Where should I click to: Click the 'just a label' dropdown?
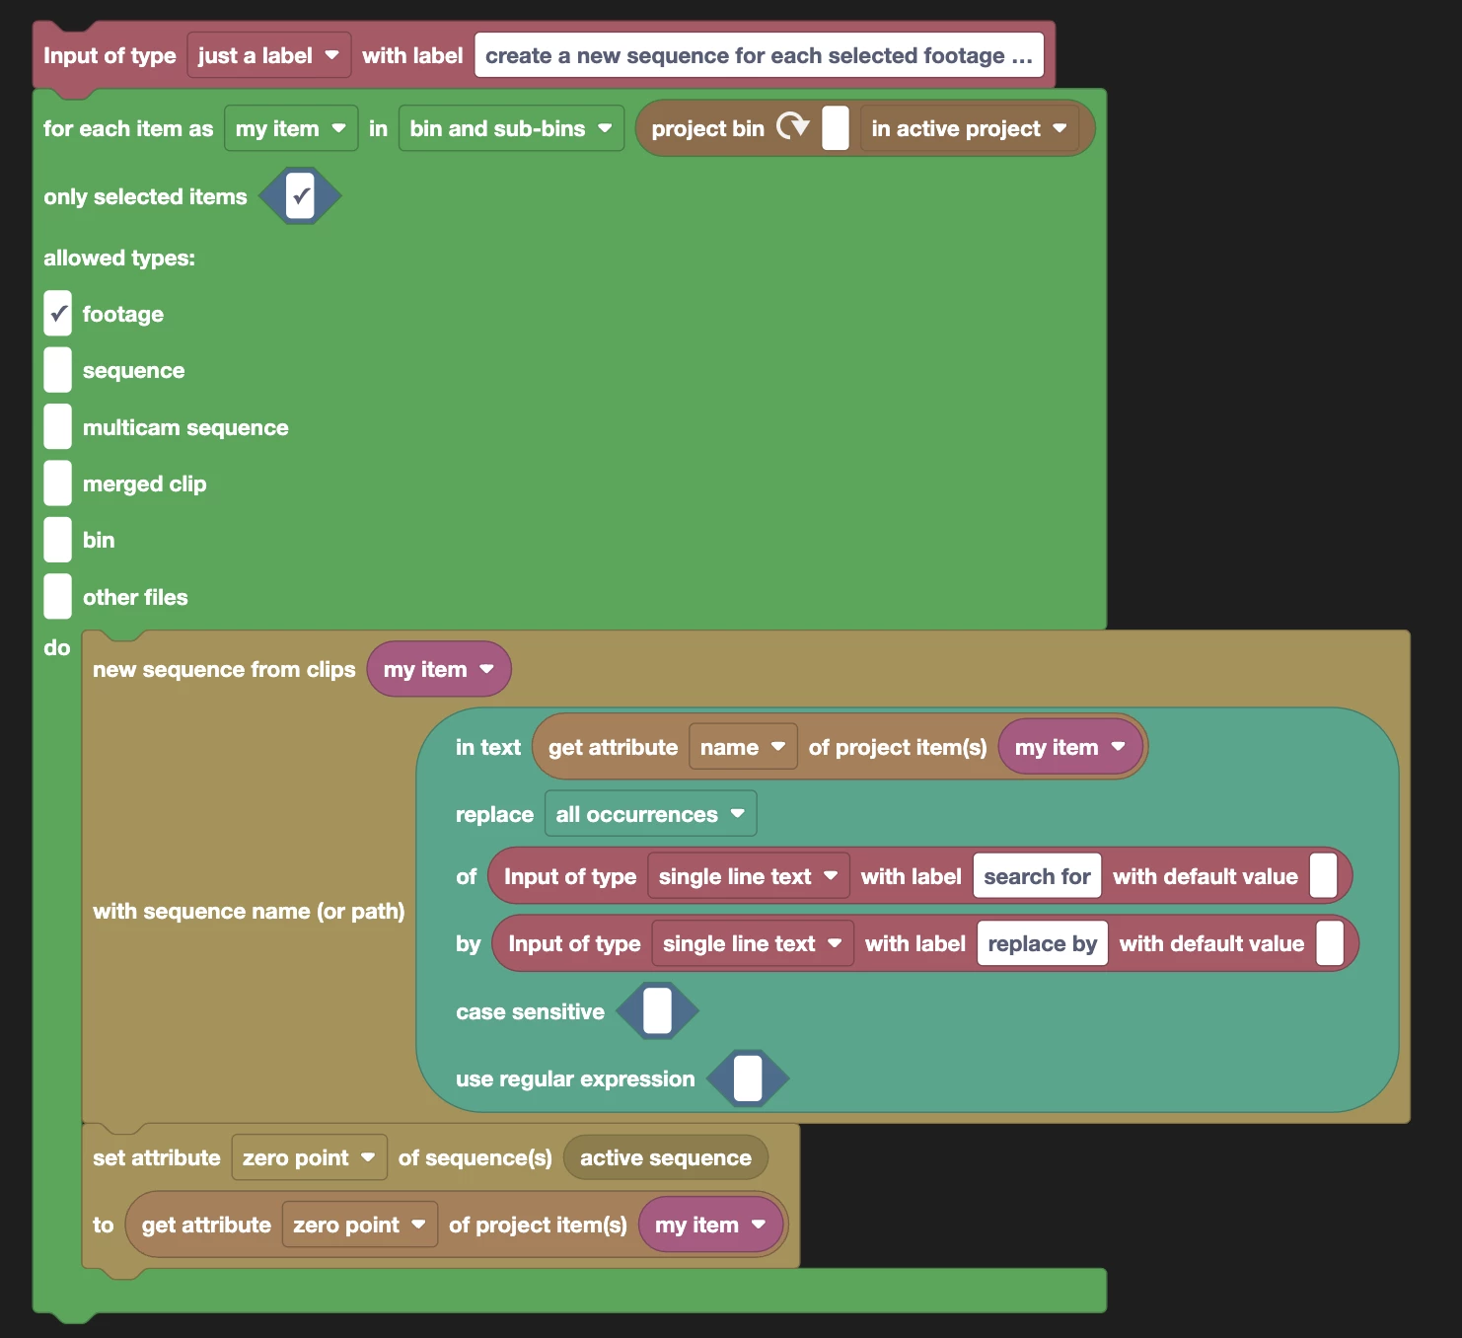[267, 56]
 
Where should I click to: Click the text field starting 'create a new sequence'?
[758, 56]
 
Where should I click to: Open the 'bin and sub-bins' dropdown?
[510, 129]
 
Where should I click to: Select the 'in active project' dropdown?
[968, 129]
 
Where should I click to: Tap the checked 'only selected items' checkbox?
[300, 196]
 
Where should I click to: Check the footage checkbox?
[58, 314]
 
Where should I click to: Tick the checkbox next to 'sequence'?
[58, 370]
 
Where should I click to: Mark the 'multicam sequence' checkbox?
[58, 427]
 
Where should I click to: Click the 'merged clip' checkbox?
[58, 483]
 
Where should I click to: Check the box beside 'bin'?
[58, 540]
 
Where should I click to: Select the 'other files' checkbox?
[58, 597]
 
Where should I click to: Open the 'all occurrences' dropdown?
[650, 814]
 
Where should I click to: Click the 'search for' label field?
[1037, 876]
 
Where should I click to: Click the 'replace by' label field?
[1042, 943]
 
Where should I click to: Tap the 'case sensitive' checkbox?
[657, 1011]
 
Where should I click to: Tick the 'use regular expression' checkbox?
[748, 1078]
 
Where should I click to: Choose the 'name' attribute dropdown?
[742, 748]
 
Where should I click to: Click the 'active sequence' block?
[665, 1157]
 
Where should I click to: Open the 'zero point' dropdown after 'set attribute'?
[309, 1157]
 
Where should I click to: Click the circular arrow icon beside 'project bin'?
[792, 127]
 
